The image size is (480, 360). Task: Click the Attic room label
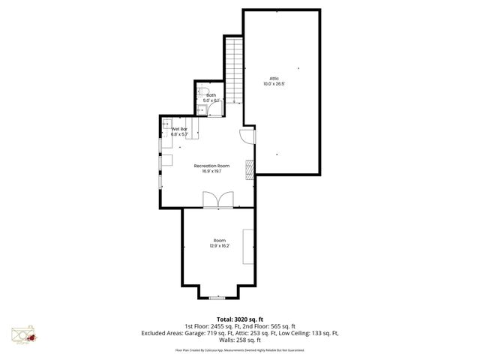pos(274,78)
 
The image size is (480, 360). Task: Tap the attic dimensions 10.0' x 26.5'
pos(274,83)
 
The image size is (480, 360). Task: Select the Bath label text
pos(211,95)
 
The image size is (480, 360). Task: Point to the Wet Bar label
pos(178,129)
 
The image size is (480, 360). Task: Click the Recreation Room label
pos(211,165)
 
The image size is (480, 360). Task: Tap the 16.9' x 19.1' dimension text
pos(211,171)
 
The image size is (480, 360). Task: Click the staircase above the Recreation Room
pos(234,71)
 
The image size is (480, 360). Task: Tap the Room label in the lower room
pos(219,240)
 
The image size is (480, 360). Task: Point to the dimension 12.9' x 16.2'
pos(219,246)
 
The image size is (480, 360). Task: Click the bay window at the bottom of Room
pos(218,297)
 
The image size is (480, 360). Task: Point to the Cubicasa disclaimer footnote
pos(240,349)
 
